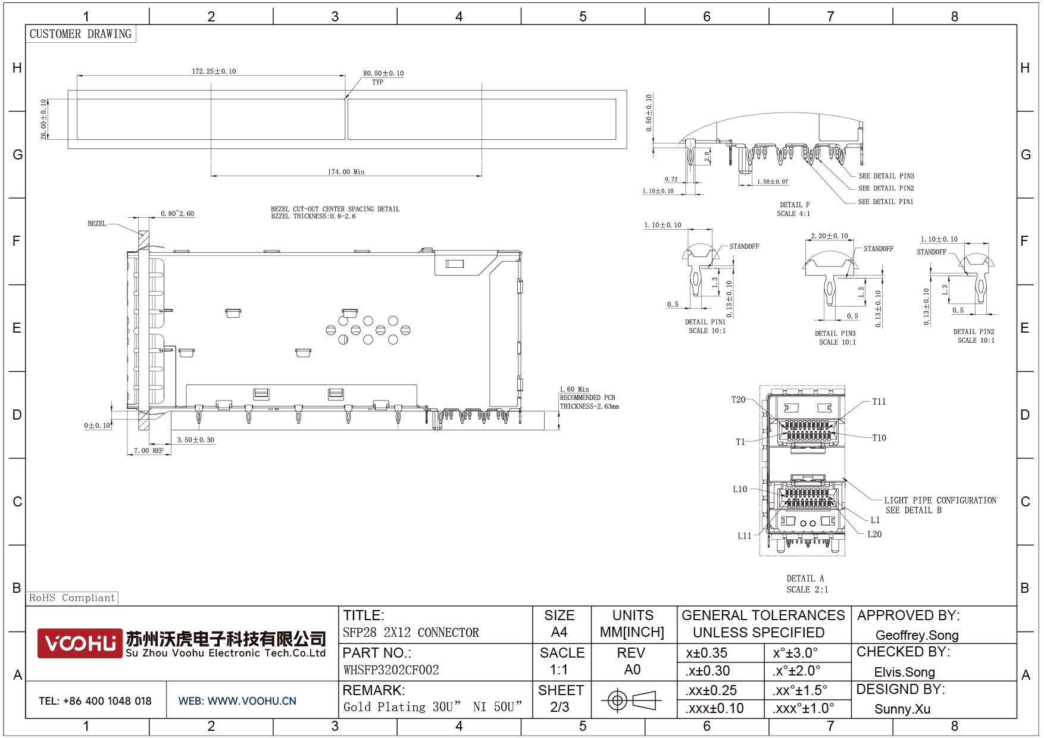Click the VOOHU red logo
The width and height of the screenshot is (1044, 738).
(x=80, y=643)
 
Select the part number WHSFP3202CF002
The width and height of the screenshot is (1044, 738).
(x=391, y=670)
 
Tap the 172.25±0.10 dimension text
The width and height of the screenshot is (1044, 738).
(x=214, y=71)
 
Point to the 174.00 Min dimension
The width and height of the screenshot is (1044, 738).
(x=346, y=172)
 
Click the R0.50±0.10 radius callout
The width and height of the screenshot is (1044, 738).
(x=383, y=74)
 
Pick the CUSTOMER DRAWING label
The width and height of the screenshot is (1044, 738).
(x=80, y=34)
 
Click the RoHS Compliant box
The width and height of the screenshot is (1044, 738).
(x=72, y=598)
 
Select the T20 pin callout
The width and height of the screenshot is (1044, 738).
(x=738, y=400)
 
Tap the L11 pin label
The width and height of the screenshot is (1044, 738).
(x=745, y=536)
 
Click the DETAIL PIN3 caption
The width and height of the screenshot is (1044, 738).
(x=835, y=334)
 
